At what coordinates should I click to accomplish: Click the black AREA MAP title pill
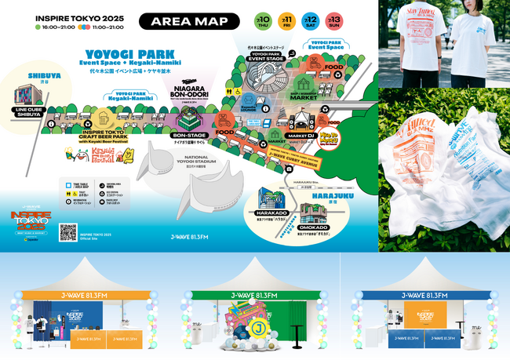point(189,20)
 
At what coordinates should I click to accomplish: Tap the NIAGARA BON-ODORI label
point(188,93)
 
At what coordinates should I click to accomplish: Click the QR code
point(68,231)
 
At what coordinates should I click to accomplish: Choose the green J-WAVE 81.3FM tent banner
point(254,295)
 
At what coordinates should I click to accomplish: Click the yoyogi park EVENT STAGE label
point(266,56)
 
